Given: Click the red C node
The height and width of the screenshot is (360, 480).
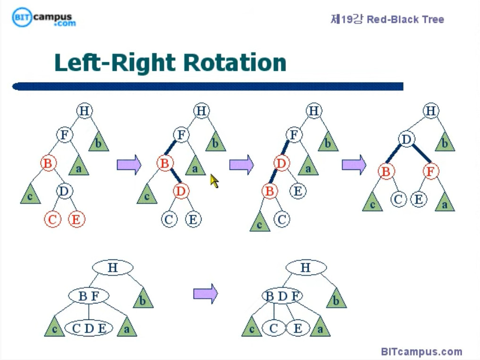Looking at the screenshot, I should [x=53, y=219].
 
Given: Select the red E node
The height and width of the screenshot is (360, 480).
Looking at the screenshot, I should [x=76, y=219].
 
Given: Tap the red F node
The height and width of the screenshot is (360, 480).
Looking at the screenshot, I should [x=430, y=171].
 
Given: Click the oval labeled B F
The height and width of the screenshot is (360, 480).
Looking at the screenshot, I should [x=89, y=296].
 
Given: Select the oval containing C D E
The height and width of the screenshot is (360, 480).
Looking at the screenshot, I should [x=89, y=328].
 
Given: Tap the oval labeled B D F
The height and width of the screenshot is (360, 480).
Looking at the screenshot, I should [x=282, y=296].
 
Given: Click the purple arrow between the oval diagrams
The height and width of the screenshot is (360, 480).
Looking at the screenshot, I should [x=206, y=293].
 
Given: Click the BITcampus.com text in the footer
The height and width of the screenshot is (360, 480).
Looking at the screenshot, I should [x=421, y=352].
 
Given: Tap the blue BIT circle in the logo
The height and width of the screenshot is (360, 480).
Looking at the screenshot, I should [x=22, y=17].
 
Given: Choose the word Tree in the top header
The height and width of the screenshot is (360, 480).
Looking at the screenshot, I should [x=433, y=20].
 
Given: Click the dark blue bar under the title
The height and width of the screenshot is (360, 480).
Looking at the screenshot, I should [x=208, y=86].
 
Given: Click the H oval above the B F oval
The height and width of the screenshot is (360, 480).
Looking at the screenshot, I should [x=112, y=268].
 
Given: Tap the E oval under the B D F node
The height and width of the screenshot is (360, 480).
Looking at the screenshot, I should [x=298, y=328].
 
